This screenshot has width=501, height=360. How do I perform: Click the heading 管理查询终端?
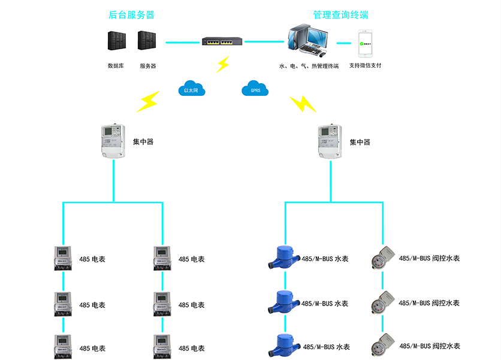tap(341, 14)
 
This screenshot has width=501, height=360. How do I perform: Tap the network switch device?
tap(221, 42)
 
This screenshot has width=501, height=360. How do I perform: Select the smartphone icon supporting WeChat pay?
tap(366, 43)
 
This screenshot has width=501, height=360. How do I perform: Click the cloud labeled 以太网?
tap(191, 89)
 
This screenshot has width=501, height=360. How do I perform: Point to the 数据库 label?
tap(116, 66)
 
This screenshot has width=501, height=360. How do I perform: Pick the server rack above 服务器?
tap(147, 41)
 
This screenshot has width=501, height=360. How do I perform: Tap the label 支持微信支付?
tap(366, 66)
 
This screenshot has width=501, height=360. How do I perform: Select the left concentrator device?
tap(114, 142)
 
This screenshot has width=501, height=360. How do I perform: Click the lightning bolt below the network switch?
tap(223, 64)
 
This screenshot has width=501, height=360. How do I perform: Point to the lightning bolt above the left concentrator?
tap(148, 102)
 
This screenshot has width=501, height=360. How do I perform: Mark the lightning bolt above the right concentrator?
tap(303, 104)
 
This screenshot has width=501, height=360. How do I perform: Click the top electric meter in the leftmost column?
tap(64, 259)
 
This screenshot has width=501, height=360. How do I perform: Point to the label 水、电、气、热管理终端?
tap(309, 66)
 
